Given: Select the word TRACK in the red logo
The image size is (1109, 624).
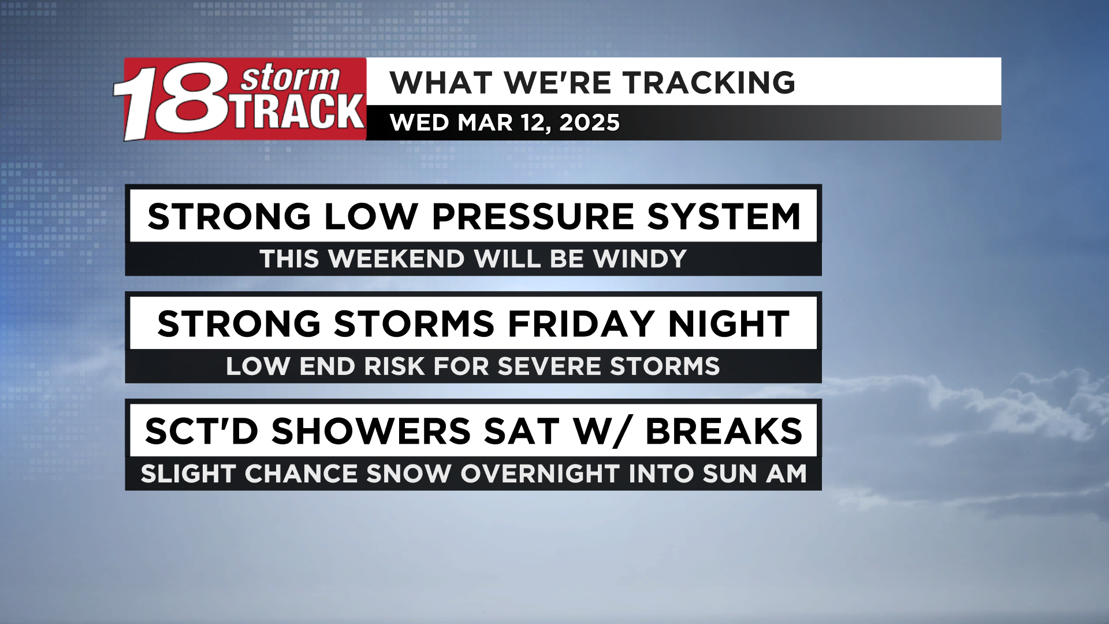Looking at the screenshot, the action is coord(299,112).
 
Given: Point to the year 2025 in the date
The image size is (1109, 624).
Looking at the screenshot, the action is coord(589,122).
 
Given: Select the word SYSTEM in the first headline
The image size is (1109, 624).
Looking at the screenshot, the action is coord(724,217).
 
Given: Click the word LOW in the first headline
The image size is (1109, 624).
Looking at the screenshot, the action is coord(371,217).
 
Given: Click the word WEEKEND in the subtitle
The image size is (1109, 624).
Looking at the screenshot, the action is coord(397,259).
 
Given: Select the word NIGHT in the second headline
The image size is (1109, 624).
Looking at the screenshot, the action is coord(729,324).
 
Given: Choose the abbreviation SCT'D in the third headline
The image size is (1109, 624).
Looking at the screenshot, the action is coord(202,431).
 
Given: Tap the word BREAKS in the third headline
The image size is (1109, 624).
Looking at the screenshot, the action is coord(724,431).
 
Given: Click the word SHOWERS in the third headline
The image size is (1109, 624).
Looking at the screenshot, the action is coord(371,431).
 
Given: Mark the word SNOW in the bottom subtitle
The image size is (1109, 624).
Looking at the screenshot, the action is coord(408,474).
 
